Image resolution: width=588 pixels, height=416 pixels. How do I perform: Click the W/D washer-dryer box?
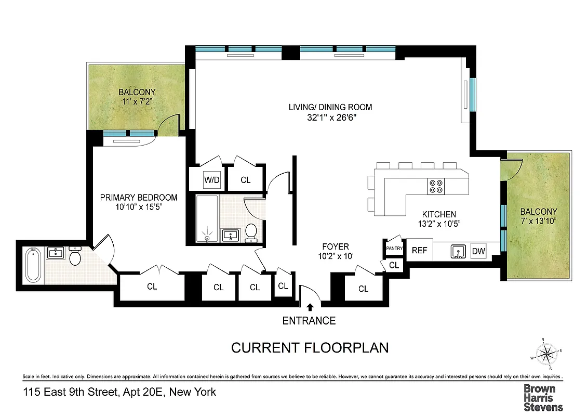(211, 180)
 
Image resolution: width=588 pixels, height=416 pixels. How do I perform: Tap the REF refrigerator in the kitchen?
(419, 250)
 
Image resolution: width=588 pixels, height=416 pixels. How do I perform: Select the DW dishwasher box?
(478, 252)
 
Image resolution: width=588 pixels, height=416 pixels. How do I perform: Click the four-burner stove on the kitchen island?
(435, 186)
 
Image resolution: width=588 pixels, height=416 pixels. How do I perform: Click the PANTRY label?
(394, 249)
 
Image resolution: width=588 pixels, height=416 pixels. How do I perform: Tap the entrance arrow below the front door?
(310, 308)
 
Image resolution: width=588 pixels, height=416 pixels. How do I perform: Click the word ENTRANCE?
(309, 321)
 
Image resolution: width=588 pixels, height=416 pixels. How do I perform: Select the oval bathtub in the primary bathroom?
(33, 265)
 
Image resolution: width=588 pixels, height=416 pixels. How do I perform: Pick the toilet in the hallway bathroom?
(251, 233)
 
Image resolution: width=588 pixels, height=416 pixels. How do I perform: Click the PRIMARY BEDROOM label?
(139, 198)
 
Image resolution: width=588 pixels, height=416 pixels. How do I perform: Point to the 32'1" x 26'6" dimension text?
(330, 118)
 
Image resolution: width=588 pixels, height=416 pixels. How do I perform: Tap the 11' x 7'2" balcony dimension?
(137, 102)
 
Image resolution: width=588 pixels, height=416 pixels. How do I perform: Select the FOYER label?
(335, 246)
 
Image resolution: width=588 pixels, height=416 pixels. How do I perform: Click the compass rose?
(546, 355)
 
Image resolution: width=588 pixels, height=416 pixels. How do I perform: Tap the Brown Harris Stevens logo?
(542, 398)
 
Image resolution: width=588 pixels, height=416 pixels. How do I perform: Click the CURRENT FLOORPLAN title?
(310, 347)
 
